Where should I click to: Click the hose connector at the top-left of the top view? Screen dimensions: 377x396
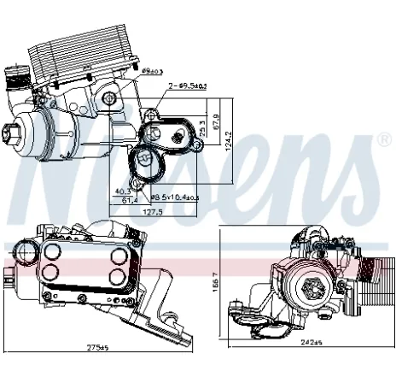(x=18, y=80)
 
